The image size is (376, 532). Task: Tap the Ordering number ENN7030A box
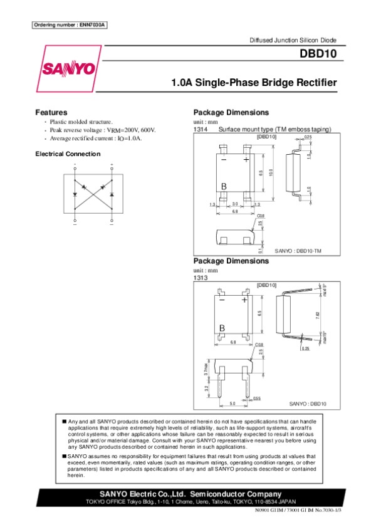70,25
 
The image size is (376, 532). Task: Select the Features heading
51,112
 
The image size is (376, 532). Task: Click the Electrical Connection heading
68,154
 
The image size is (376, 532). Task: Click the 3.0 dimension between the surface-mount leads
235,204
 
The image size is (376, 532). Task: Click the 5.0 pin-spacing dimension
232,404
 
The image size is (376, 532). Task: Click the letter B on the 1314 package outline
224,186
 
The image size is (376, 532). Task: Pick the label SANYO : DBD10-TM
298,251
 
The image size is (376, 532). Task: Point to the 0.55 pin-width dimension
257,399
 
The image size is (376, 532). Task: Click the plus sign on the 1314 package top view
246,160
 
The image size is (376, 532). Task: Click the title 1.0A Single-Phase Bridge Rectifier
254,83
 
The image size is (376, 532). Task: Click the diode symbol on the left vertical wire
75,195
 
